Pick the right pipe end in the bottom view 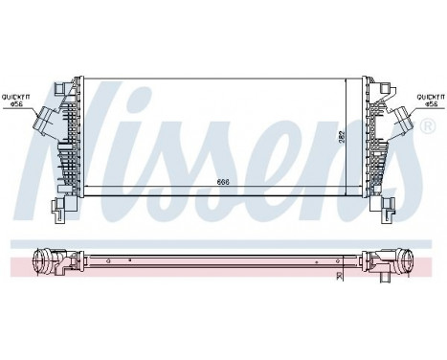click(404, 259)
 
